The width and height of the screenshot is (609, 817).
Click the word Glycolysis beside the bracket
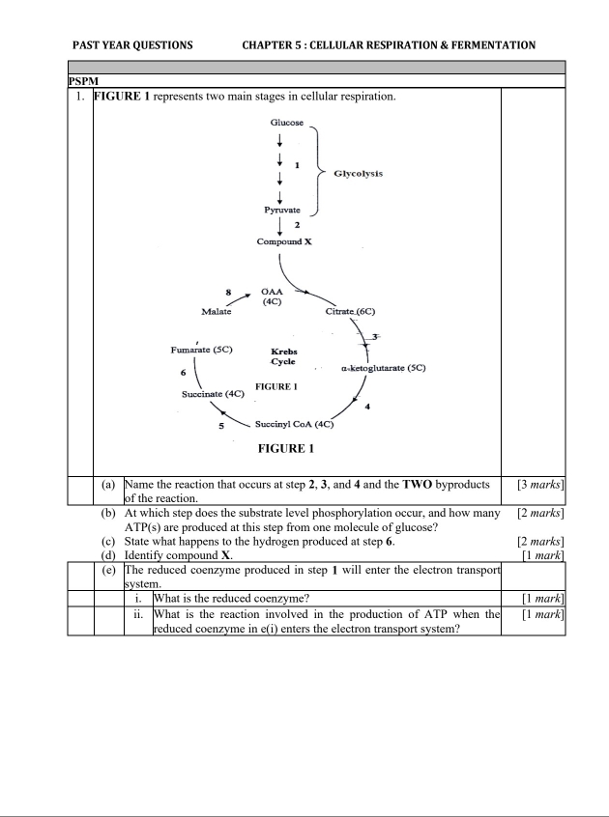358,174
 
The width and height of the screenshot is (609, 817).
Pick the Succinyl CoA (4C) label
294,424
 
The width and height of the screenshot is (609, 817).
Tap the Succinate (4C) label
213,394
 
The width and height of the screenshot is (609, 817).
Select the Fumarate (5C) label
202,350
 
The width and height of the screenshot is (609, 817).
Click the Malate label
217,312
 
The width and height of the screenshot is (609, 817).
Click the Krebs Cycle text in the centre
283,355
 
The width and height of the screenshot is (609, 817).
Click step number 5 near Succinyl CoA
220,425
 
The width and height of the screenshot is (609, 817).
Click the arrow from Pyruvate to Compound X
280,226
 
